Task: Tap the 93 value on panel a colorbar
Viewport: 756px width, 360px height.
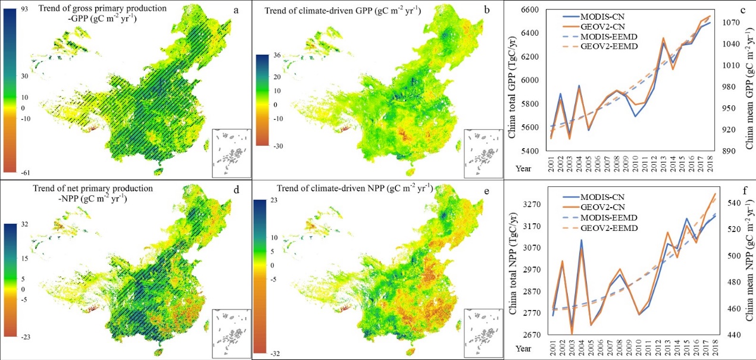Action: [x=24, y=10]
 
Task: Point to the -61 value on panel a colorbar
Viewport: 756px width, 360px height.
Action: [x=24, y=173]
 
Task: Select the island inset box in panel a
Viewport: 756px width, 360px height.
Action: [x=232, y=152]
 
